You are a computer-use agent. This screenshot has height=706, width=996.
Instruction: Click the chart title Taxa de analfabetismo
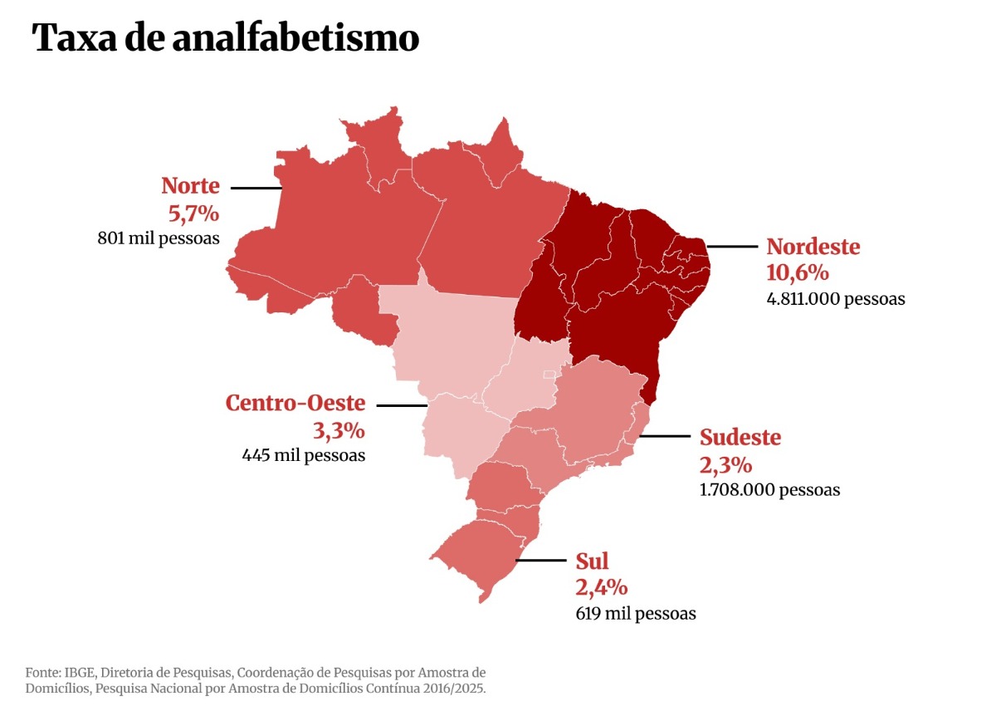click(x=226, y=38)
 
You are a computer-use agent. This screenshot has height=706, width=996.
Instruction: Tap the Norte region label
click(x=190, y=185)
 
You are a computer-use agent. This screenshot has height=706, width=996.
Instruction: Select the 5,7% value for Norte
click(x=193, y=213)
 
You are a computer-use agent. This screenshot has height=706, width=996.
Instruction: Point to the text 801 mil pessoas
click(x=159, y=238)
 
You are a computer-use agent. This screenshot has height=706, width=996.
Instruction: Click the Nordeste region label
click(x=813, y=247)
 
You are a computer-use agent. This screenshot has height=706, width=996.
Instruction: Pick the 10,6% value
click(x=798, y=272)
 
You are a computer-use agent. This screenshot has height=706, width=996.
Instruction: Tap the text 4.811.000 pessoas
click(x=836, y=299)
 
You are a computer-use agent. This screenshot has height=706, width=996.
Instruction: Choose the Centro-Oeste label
click(x=295, y=403)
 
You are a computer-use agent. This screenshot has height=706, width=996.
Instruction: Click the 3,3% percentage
click(x=339, y=430)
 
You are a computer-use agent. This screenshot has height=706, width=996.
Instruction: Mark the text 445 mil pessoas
click(x=304, y=455)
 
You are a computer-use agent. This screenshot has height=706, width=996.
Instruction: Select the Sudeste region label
click(x=740, y=437)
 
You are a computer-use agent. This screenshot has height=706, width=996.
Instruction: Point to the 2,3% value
click(x=725, y=465)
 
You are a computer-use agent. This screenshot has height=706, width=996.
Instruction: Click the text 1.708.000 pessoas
click(x=769, y=490)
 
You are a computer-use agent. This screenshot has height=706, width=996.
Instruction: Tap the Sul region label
click(x=592, y=561)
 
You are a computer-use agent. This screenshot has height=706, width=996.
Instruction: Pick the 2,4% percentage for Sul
click(x=602, y=588)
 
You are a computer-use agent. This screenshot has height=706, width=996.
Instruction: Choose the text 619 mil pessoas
click(x=636, y=614)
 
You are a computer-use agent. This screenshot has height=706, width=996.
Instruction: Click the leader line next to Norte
click(x=256, y=189)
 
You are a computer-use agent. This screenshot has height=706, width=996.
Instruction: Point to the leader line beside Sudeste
click(x=664, y=436)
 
